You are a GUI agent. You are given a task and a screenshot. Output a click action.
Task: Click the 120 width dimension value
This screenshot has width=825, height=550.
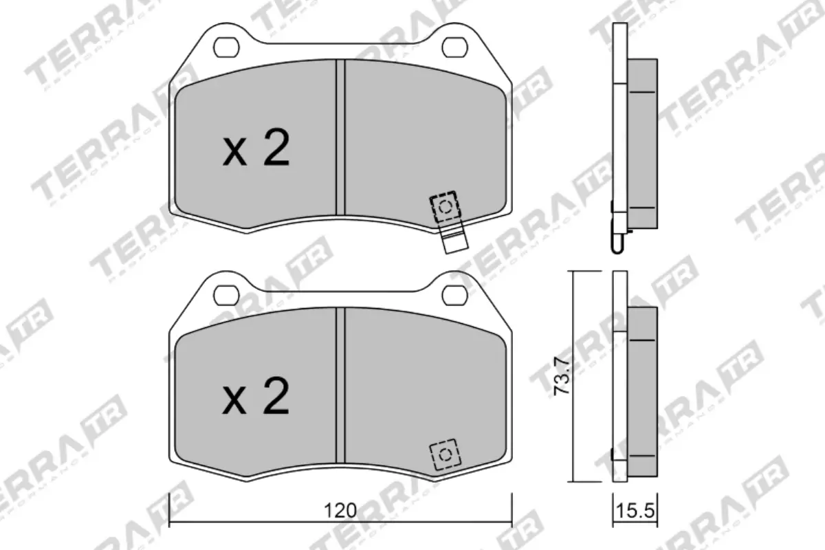point(341,510)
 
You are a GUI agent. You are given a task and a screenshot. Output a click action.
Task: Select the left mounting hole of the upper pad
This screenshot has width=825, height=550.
point(225,47)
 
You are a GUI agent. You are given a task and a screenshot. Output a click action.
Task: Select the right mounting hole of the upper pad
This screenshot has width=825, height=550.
point(454,47)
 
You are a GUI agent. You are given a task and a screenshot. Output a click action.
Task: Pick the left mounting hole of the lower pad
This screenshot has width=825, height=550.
point(225,294)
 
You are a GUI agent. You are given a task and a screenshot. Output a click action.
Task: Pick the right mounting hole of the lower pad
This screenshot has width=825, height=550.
point(454,294)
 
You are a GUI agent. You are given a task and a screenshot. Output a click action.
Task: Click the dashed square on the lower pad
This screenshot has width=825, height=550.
point(445,454)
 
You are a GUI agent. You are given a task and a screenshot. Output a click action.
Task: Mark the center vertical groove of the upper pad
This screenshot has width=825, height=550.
point(340,137)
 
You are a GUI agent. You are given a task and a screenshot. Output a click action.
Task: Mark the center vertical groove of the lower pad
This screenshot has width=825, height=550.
point(340,385)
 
